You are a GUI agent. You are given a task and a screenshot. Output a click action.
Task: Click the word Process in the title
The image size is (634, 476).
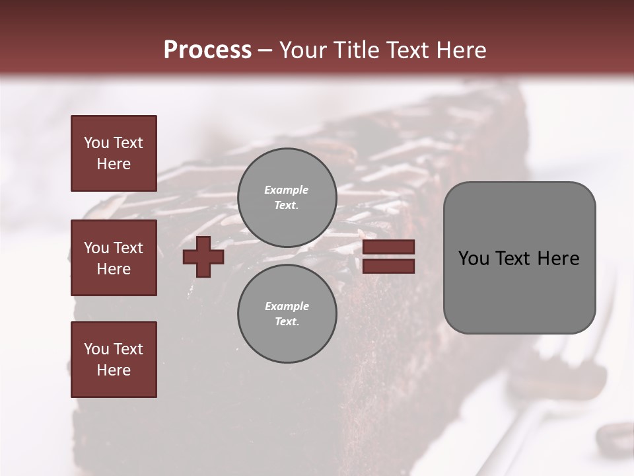(207, 50)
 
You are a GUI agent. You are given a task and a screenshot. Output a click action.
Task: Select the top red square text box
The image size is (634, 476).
(114, 153)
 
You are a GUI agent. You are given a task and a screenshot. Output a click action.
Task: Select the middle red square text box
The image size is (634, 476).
(114, 258)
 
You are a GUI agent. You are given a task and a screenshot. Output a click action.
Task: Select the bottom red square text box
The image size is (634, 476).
(114, 360)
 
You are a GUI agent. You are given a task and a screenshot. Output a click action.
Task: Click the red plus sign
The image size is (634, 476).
(203, 257)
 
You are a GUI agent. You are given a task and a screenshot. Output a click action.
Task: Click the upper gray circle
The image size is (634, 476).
(287, 197)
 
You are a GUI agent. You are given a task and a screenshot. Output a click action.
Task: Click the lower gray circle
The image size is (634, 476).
(287, 313)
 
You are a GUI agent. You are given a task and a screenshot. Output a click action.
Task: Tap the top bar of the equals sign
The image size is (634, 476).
(389, 247)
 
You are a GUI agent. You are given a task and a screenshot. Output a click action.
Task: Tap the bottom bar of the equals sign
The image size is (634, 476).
(389, 266)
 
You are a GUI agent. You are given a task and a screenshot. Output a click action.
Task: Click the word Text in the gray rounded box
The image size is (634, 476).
(513, 258)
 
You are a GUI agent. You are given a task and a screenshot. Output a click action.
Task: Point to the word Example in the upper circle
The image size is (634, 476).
(287, 190)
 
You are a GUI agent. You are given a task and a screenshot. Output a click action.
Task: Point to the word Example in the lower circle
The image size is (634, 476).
(287, 306)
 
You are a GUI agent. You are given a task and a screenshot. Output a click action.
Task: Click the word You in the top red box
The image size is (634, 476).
(96, 143)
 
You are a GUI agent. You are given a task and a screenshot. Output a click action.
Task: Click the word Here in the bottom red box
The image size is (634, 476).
(114, 370)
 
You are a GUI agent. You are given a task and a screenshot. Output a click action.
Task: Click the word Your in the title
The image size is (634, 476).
(303, 50)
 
